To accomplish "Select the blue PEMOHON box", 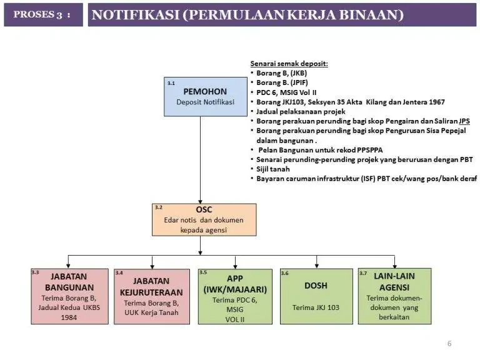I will click(x=205, y=97).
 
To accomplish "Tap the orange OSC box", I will click(x=204, y=219).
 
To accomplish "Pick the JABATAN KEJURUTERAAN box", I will click(x=152, y=296).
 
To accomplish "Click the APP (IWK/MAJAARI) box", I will click(x=235, y=296).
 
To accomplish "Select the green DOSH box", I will click(x=316, y=296).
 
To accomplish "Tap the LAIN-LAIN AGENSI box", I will click(x=394, y=296).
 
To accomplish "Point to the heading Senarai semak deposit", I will click(x=289, y=64).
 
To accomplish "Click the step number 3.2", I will click(x=159, y=207).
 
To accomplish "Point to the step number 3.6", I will click(x=285, y=273).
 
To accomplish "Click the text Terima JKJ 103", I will click(x=316, y=307).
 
